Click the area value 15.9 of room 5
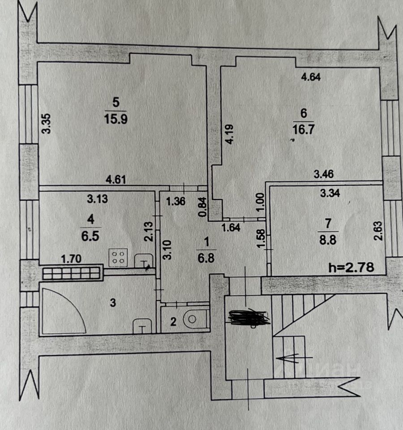116,119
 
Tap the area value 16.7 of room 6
303,129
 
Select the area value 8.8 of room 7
328,240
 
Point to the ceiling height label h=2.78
351,267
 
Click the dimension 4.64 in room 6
311,77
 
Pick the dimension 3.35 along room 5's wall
47,124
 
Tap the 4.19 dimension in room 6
229,134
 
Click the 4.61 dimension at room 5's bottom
116,180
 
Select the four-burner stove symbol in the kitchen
118,258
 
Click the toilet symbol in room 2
195,319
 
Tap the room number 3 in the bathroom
113,303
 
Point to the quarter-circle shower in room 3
63,311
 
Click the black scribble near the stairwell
249,317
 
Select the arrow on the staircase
295,357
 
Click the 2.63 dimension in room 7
378,231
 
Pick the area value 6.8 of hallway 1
206,258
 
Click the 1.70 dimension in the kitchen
71,259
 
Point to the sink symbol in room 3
142,327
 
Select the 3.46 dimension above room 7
323,174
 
